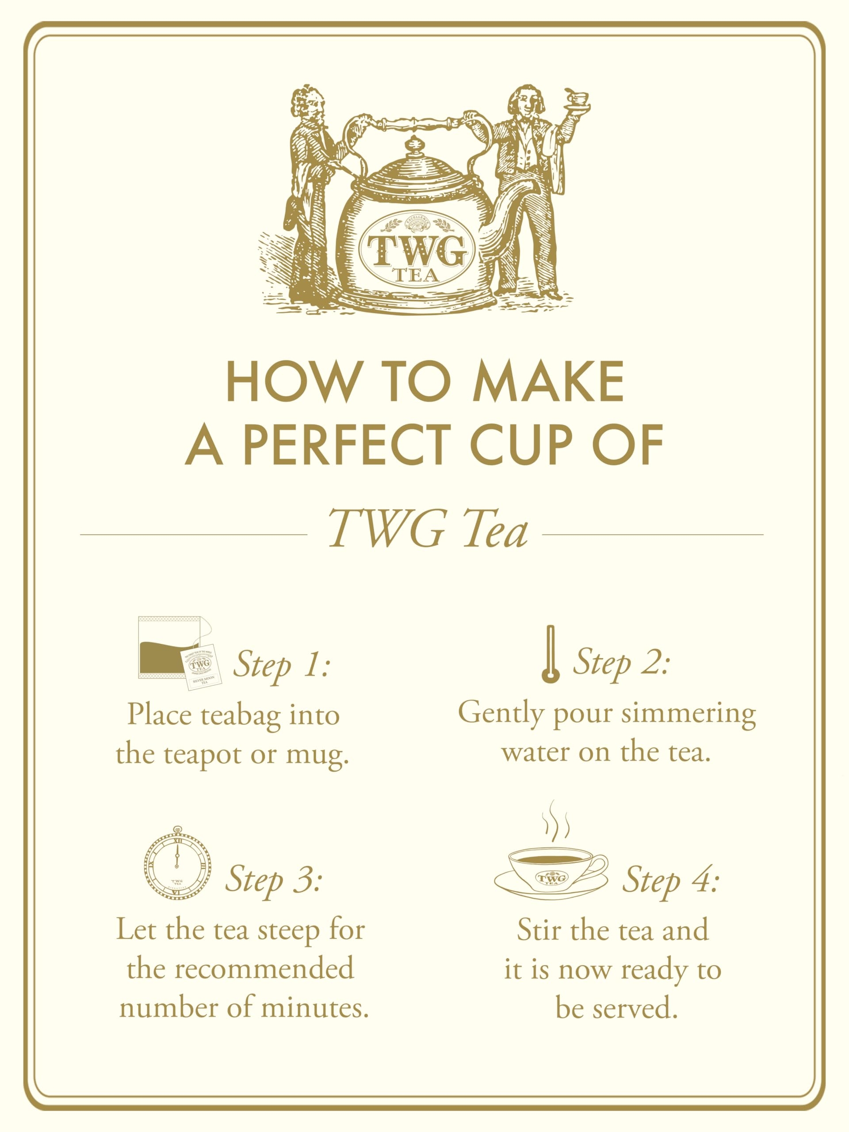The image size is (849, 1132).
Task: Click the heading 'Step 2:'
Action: click(x=621, y=663)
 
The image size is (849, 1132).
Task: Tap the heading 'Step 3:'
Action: click(x=274, y=879)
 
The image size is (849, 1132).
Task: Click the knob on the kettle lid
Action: click(x=413, y=146)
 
